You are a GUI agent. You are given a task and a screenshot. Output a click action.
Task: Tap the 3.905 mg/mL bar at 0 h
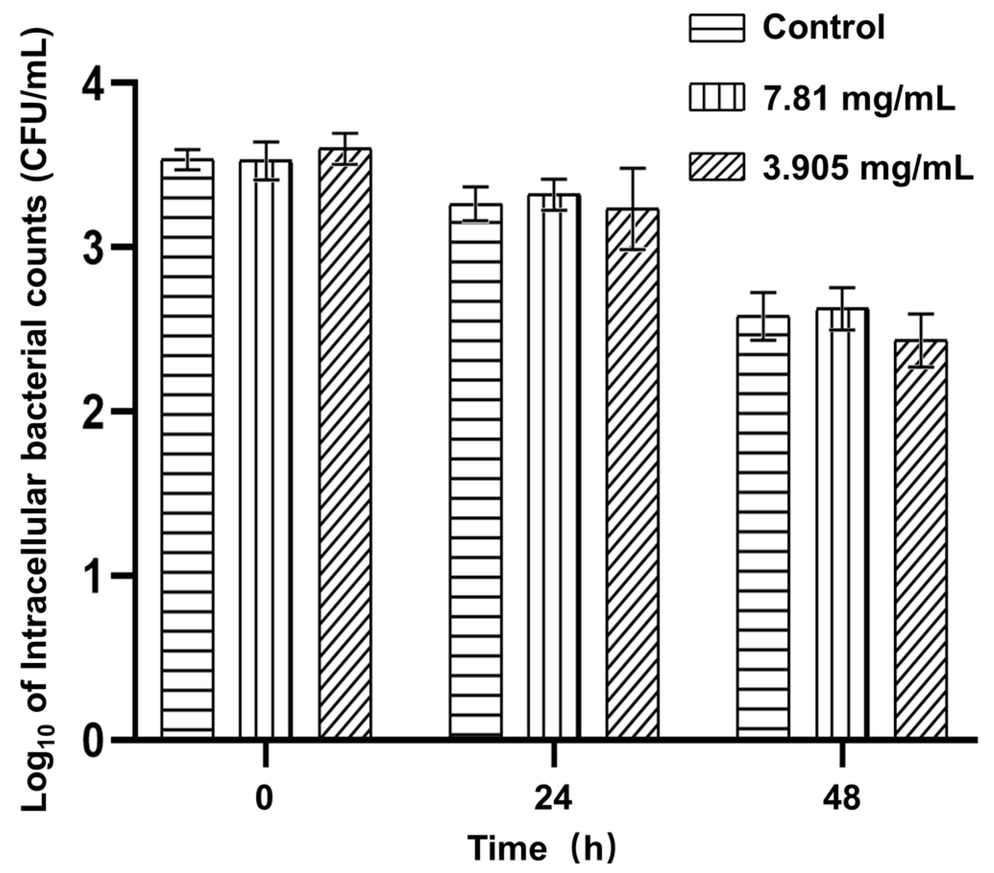tap(345, 452)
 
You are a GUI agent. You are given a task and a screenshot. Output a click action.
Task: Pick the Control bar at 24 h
tap(476, 476)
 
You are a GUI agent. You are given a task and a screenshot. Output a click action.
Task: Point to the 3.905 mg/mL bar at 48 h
tap(921, 544)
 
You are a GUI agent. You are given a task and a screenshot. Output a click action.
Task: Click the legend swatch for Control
tap(716, 28)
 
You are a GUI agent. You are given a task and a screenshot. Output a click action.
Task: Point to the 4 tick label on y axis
tap(93, 88)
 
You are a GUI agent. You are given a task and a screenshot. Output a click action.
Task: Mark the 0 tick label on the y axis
tap(93, 742)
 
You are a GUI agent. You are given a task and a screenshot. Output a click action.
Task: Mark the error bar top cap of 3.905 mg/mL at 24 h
tap(633, 168)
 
